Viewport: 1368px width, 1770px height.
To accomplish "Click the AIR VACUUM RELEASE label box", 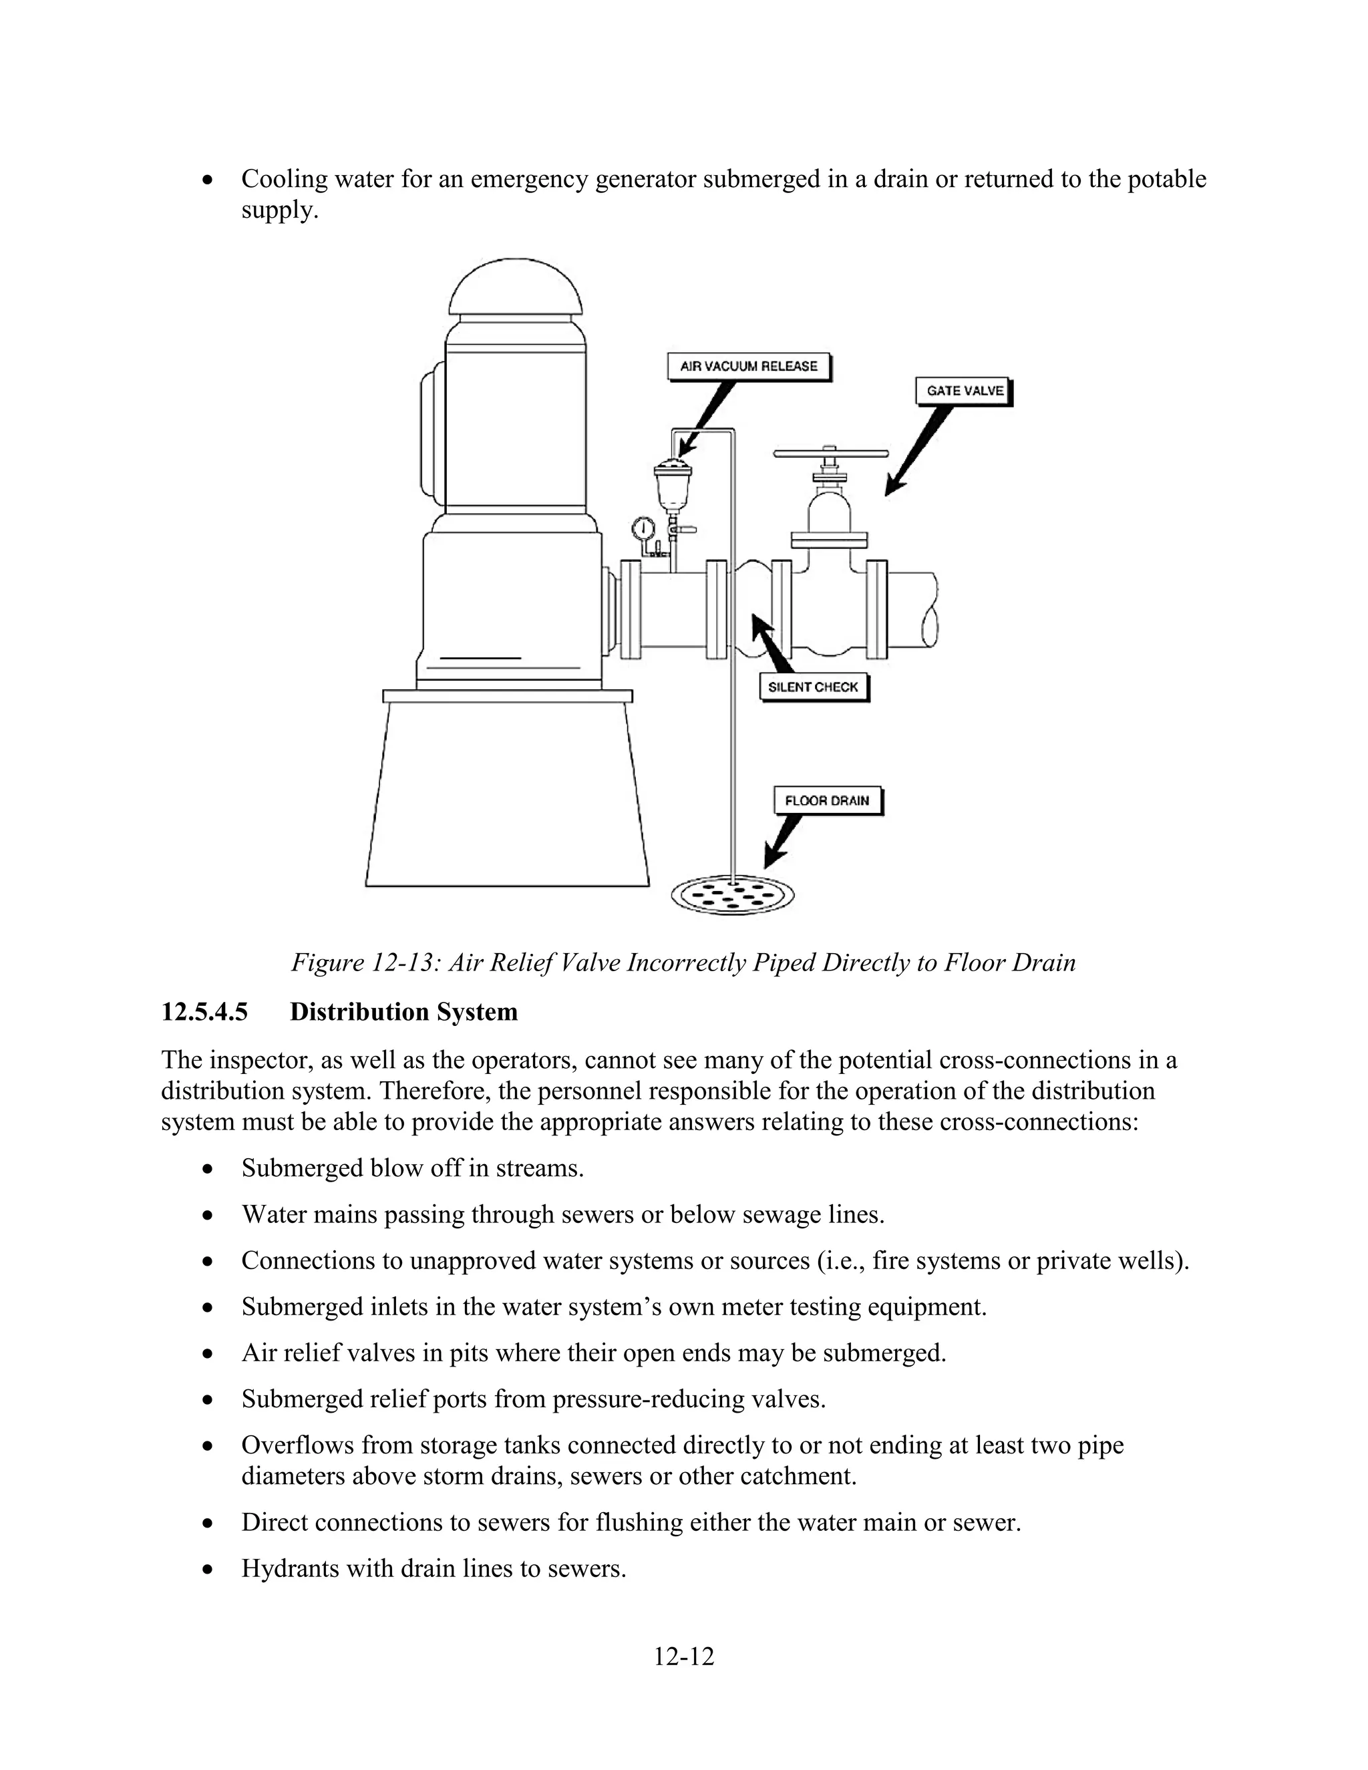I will click(749, 366).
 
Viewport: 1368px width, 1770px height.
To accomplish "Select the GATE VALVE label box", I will click(965, 391).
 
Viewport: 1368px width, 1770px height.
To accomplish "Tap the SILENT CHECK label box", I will click(813, 687).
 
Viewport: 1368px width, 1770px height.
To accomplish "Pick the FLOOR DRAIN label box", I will click(827, 801).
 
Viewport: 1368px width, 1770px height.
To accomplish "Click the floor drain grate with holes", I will click(733, 896).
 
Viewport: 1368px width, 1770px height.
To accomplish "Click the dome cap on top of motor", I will click(516, 289).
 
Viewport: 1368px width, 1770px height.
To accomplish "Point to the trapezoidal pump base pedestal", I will click(508, 794).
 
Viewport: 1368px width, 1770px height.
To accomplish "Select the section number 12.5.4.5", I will click(204, 1012).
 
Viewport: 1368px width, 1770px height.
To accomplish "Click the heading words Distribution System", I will click(403, 1012).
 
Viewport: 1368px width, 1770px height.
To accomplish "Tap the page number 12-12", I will click(684, 1656).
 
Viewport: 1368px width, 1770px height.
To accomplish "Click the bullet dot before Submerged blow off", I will click(209, 1170).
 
